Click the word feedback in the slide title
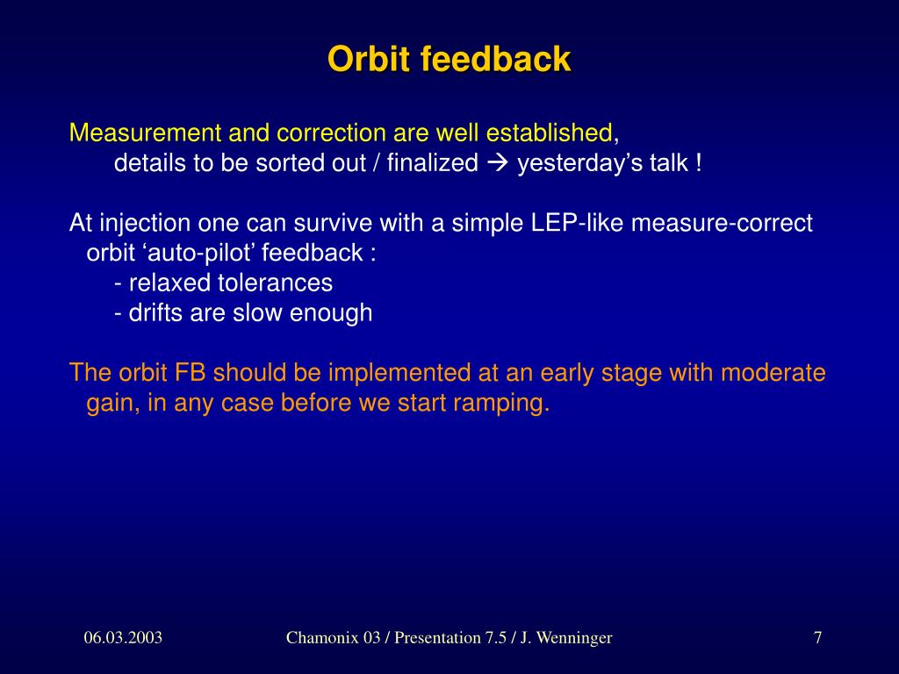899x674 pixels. pos(496,59)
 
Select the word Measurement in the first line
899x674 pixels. pos(145,133)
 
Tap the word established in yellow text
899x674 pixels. pos(550,133)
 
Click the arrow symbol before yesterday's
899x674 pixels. pos(497,163)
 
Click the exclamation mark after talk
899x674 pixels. pos(698,163)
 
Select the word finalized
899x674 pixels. pos(432,162)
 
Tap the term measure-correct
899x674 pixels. pos(722,222)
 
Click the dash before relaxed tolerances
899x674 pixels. pos(118,284)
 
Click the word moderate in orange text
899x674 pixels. pos(773,372)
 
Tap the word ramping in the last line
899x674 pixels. pos(501,403)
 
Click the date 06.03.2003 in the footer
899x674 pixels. pos(123,637)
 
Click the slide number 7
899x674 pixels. pos(818,637)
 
